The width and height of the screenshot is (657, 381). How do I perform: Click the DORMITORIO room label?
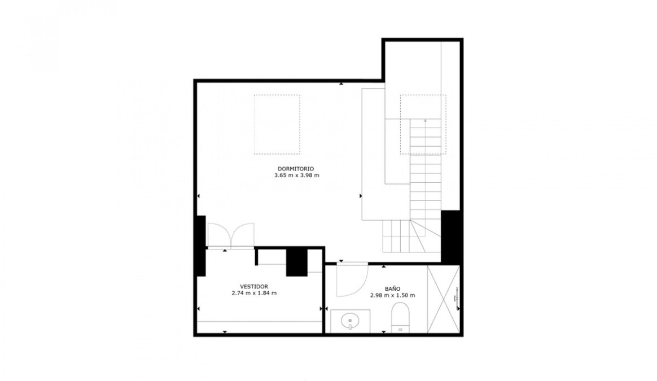[x=295, y=169]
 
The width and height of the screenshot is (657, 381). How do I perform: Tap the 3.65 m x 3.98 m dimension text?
[x=297, y=175]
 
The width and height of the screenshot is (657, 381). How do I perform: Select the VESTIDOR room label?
[x=254, y=287]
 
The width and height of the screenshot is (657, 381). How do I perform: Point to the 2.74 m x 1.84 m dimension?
[x=254, y=293]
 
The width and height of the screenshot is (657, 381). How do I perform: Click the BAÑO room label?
[x=393, y=288]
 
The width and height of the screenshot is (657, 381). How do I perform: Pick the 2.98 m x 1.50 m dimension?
[x=393, y=295]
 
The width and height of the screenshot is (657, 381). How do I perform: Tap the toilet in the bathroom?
[x=400, y=318]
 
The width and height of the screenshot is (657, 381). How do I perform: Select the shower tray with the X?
[x=443, y=299]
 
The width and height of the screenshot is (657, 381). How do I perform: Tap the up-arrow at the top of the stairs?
[x=425, y=121]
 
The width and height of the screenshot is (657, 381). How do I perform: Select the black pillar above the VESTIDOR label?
[x=297, y=262]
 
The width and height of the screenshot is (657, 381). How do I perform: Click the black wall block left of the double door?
[x=201, y=246]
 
